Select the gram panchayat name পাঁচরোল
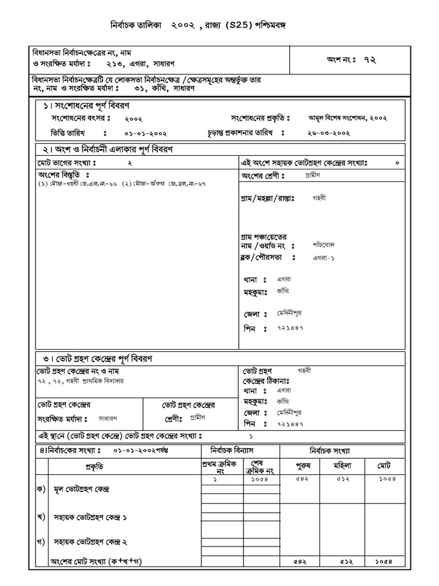pyautogui.click(x=324, y=244)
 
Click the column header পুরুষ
pyautogui.click(x=303, y=465)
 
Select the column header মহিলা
pyautogui.click(x=345, y=465)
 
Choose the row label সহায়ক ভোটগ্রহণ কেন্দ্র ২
pyautogui.click(x=90, y=541)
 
